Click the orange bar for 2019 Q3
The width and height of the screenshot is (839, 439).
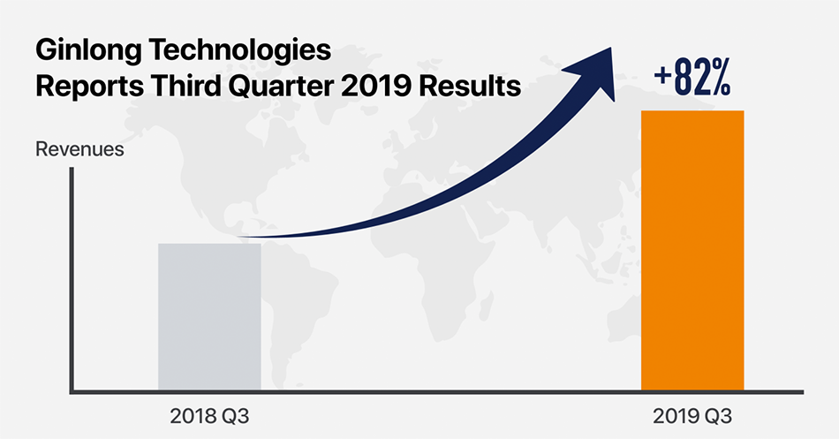692,251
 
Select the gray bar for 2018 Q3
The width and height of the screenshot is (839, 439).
210,317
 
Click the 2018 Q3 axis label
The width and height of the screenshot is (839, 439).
209,416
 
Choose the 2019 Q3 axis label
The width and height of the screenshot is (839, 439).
692,416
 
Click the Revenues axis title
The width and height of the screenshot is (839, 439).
79,148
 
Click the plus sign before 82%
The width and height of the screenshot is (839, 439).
662,76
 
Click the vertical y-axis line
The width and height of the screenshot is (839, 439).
72,280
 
